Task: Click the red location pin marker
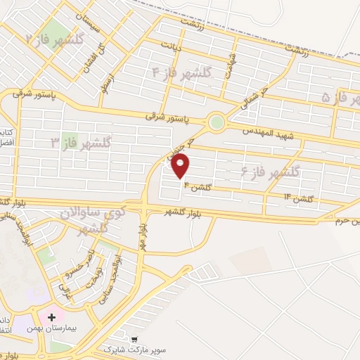pyautogui.click(x=181, y=166)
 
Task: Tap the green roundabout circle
pyautogui.click(x=217, y=122)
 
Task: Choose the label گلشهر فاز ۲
pyautogui.click(x=54, y=39)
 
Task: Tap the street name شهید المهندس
pyautogui.click(x=266, y=132)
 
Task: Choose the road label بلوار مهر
pyautogui.click(x=143, y=236)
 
